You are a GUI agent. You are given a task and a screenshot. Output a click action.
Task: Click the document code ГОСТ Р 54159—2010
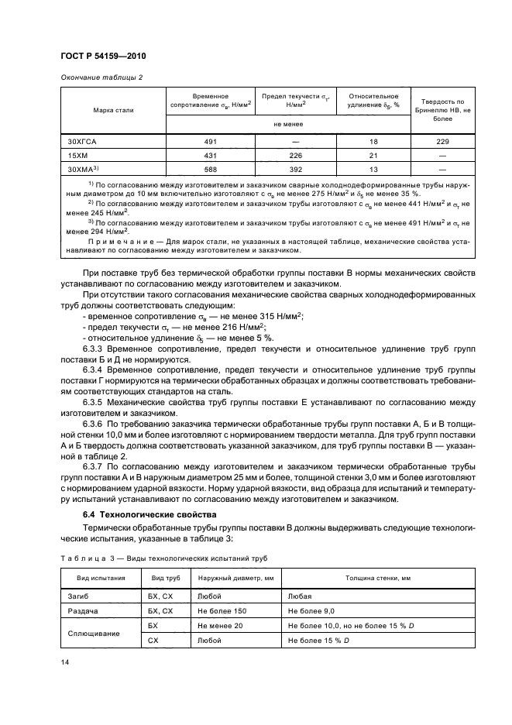pyautogui.click(x=103, y=57)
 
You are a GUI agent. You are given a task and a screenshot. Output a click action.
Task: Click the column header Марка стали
pyautogui.click(x=112, y=110)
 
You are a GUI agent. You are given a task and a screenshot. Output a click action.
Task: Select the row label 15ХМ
pyautogui.click(x=79, y=154)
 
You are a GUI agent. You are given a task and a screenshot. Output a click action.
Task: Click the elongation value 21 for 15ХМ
pyautogui.click(x=373, y=154)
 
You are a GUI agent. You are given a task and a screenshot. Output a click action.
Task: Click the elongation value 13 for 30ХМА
pyautogui.click(x=373, y=168)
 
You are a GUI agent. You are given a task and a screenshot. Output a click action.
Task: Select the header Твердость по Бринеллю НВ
pyautogui.click(x=442, y=110)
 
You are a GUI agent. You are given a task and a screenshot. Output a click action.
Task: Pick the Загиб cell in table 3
pyautogui.click(x=78, y=596)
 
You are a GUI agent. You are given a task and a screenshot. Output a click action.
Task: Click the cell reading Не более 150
pyautogui.click(x=220, y=610)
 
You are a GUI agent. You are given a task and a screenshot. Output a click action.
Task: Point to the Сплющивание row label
pyautogui.click(x=94, y=632)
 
